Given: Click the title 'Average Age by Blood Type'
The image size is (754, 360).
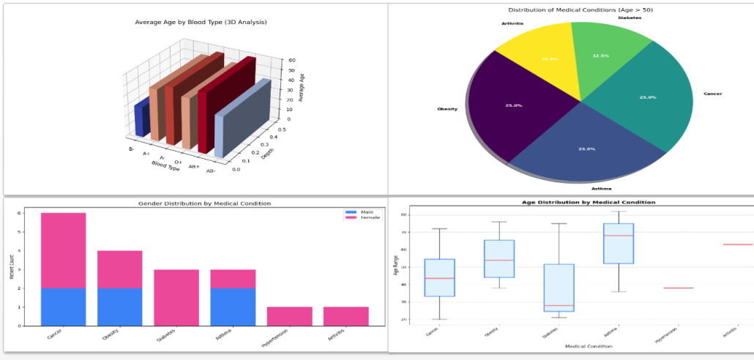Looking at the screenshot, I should pos(201,23).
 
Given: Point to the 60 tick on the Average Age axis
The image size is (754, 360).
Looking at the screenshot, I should pos(291,61).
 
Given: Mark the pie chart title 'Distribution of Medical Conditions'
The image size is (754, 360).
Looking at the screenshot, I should pos(570,10).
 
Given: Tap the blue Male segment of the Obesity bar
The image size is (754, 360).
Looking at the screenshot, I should pos(120,307).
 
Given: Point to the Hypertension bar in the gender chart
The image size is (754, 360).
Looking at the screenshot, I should pos(289,316).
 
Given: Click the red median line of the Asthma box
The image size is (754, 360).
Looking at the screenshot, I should pos(619,236).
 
